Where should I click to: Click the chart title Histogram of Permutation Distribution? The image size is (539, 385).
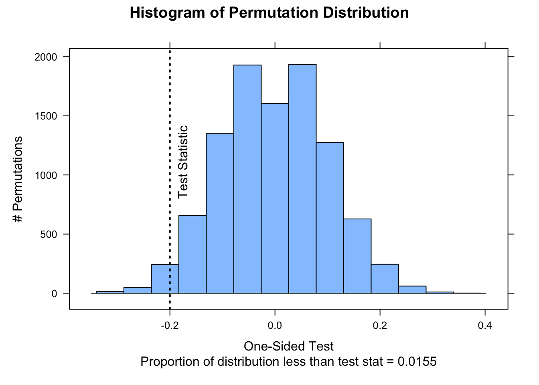[269, 13]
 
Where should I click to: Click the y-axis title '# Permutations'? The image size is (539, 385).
[18, 179]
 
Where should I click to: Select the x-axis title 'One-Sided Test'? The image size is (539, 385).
[288, 346]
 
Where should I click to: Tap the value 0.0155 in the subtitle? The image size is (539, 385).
[417, 362]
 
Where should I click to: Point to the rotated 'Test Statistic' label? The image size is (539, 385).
[183, 162]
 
